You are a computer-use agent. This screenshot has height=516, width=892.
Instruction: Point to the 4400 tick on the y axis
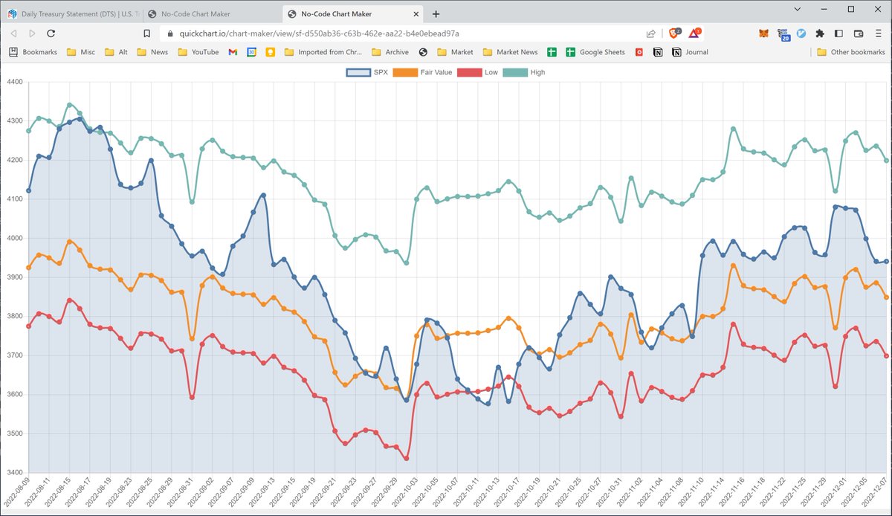click(14, 82)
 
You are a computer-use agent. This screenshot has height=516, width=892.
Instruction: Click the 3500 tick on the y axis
click(14, 433)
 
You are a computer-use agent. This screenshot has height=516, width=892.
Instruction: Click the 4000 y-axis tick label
click(14, 238)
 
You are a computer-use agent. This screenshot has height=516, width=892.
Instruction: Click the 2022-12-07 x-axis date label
click(880, 493)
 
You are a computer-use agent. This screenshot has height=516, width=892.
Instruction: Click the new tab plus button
click(436, 13)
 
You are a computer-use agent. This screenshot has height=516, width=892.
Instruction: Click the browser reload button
click(51, 33)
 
